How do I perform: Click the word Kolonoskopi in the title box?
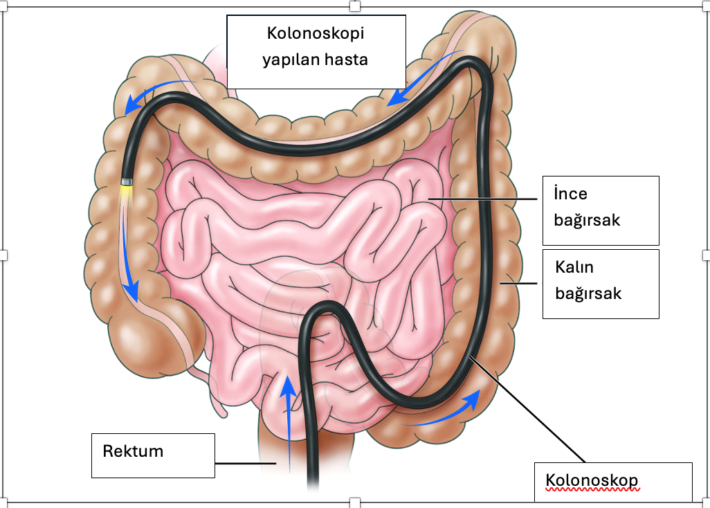(x=316, y=33)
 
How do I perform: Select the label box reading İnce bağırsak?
(x=600, y=210)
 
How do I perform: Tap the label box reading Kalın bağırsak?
(x=600, y=283)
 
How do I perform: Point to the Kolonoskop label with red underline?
(x=591, y=480)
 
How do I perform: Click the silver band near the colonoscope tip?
(x=127, y=181)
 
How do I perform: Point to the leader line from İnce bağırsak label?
(x=484, y=199)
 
